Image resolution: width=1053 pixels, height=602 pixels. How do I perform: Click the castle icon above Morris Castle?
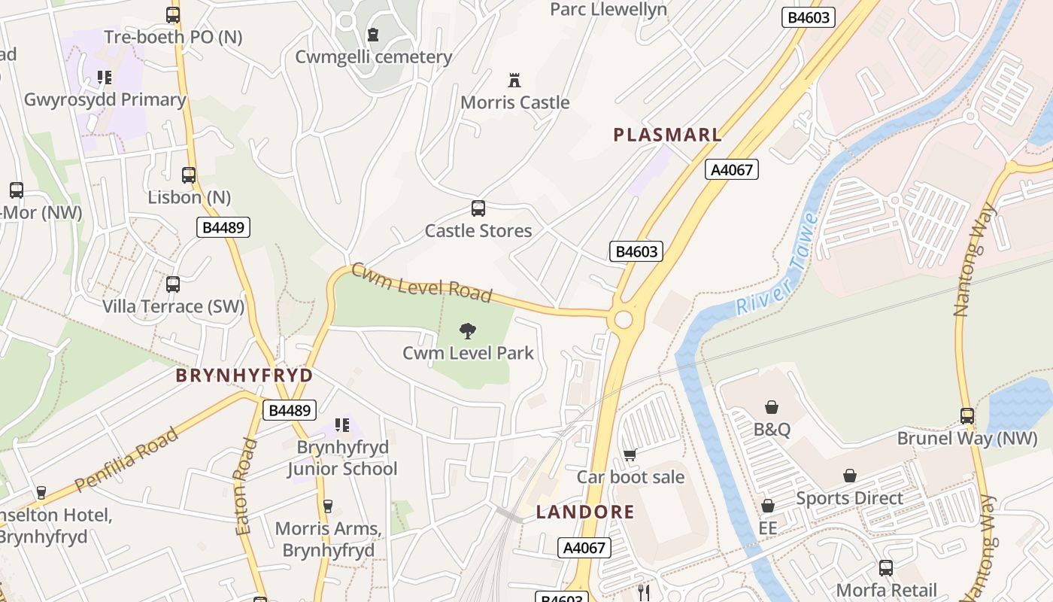pos(514,80)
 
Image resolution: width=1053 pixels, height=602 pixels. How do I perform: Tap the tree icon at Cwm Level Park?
pos(468,330)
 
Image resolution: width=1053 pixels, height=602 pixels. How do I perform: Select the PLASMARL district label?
pos(667,135)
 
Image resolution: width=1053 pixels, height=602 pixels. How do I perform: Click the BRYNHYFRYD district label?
pos(244,375)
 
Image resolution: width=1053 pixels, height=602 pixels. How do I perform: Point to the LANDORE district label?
pos(585,512)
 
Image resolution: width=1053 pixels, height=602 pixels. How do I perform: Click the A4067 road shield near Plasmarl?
pos(731,169)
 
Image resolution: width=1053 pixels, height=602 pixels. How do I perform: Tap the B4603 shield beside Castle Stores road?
pos(636,251)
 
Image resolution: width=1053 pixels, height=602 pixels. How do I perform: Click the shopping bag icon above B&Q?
pos(772,407)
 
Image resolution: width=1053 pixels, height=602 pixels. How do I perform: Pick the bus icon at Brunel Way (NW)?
pos(967,415)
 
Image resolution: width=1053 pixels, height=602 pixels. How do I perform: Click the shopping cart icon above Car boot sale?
pos(630,455)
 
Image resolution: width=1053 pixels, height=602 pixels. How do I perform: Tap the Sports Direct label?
pos(849,498)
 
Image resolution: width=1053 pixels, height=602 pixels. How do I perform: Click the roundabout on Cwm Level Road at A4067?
pos(624,320)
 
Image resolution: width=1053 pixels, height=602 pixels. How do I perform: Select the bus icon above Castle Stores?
pos(478,208)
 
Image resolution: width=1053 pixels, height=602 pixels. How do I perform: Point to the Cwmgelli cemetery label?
pos(373,56)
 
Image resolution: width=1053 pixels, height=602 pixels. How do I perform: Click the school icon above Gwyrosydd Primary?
pos(105,77)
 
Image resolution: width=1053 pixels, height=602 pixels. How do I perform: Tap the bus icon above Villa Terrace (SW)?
pos(173,284)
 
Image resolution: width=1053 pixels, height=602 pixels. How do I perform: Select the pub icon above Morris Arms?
pos(327,506)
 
